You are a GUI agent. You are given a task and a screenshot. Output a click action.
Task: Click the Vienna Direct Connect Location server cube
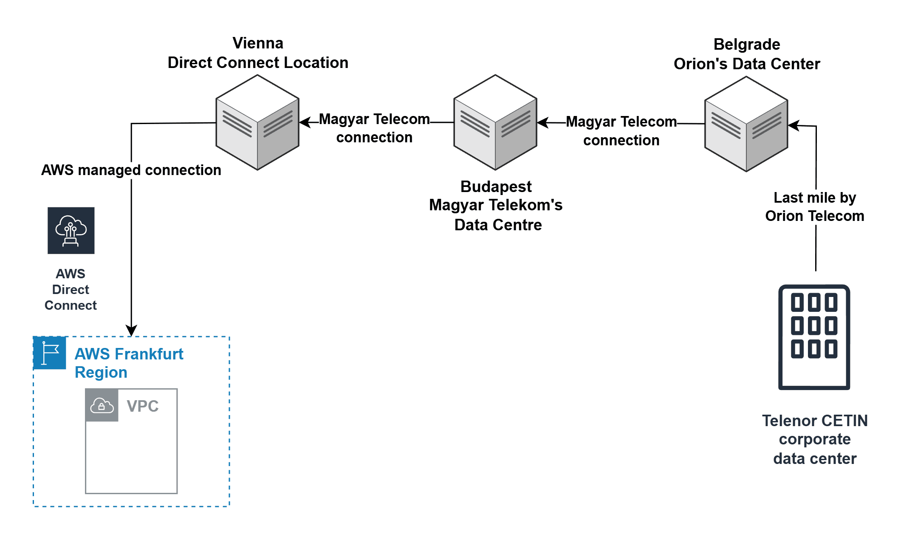[257, 122]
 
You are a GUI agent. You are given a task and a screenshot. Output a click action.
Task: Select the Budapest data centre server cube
[495, 122]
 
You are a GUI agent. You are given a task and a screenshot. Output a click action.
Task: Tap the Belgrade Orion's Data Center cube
[746, 124]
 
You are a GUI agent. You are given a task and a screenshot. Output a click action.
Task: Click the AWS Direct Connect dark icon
[71, 231]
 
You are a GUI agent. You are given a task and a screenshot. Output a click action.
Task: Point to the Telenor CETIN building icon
[814, 337]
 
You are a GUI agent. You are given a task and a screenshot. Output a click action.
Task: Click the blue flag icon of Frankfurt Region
[50, 353]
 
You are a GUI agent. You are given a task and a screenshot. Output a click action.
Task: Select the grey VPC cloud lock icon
[102, 405]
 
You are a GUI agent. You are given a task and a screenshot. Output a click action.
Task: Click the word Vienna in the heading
[258, 43]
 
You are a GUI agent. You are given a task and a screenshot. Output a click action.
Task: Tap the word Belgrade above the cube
[747, 45]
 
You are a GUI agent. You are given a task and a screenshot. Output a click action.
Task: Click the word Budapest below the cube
[496, 187]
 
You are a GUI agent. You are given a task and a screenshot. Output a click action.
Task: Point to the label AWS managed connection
[131, 170]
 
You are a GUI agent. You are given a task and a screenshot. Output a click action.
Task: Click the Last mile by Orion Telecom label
[814, 207]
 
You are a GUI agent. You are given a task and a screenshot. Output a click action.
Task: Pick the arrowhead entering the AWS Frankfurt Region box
[131, 331]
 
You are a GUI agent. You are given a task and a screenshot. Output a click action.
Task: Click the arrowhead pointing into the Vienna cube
[305, 122]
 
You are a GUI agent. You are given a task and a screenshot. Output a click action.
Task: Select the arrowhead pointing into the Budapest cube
[543, 123]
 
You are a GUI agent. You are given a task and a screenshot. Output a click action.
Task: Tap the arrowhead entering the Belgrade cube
[794, 125]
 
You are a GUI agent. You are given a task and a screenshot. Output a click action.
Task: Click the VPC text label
[143, 406]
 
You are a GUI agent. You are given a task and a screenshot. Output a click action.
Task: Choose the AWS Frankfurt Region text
[129, 363]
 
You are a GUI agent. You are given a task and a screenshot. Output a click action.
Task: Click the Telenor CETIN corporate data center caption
[814, 439]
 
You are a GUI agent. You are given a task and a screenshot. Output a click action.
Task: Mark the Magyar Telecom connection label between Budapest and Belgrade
[621, 131]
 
